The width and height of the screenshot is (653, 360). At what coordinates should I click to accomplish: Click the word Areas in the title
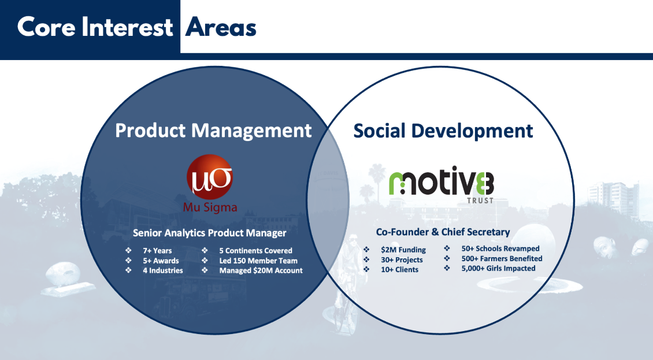coord(221,28)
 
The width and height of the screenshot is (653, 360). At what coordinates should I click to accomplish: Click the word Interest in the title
coord(127,27)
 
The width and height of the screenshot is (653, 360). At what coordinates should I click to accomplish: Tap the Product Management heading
coord(213,131)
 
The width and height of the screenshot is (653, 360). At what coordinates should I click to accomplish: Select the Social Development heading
coord(443,131)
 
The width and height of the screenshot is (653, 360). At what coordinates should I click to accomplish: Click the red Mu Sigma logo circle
coord(209,177)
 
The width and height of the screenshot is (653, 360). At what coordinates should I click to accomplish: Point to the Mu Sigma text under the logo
coord(210,207)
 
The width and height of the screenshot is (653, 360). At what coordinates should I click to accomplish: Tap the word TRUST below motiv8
coord(480,201)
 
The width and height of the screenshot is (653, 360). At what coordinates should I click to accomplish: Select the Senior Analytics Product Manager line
coord(209,233)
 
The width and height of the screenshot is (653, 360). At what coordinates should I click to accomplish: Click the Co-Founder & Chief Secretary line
coord(443,232)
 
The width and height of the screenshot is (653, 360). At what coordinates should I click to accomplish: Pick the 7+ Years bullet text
coord(157,251)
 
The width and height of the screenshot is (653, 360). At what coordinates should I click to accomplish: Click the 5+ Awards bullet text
coord(161,261)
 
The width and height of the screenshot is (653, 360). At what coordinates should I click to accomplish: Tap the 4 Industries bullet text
coord(163,270)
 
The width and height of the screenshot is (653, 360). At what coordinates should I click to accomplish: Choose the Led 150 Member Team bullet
coord(258,261)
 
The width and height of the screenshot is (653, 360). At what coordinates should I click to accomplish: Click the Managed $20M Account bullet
coord(261,271)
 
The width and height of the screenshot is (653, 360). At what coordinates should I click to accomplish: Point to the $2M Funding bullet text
coord(403,250)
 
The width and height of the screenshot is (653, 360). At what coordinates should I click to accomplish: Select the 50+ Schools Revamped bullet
coord(500,248)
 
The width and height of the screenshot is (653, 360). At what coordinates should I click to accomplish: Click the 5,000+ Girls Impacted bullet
coord(498,268)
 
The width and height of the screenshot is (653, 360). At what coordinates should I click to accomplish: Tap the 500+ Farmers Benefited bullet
coord(502,259)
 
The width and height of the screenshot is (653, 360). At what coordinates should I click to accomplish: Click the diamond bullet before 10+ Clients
coord(366,269)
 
